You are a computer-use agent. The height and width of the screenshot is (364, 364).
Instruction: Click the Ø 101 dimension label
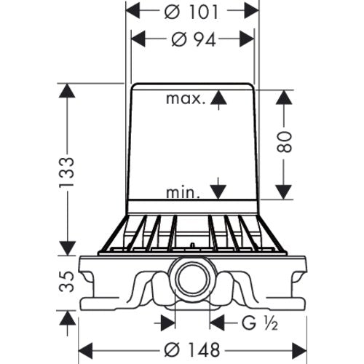pyautogui.click(x=191, y=12)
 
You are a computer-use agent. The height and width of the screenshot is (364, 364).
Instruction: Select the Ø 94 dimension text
pyautogui.click(x=194, y=39)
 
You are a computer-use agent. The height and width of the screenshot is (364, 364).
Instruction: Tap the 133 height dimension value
pyautogui.click(x=66, y=172)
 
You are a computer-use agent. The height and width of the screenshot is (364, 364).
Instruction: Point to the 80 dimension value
pyautogui.click(x=284, y=142)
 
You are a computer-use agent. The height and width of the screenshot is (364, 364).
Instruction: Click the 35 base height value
pyautogui.click(x=66, y=282)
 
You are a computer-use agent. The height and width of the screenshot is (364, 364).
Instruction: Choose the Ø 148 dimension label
pyautogui.click(x=191, y=350)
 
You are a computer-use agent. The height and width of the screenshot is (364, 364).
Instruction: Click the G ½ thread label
pyautogui.click(x=259, y=323)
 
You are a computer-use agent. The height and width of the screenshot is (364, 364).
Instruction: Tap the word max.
pyautogui.click(x=184, y=98)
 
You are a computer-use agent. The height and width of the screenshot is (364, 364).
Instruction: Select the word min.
pyautogui.click(x=183, y=193)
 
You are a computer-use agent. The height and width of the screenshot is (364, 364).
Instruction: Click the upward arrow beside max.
pyautogui.click(x=218, y=100)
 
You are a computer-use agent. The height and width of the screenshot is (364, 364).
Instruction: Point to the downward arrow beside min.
pyautogui.click(x=218, y=189)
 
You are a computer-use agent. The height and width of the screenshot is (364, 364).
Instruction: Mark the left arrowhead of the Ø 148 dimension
pyautogui.click(x=85, y=350)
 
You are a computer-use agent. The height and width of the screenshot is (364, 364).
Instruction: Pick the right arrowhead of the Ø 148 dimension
pyautogui.click(x=300, y=350)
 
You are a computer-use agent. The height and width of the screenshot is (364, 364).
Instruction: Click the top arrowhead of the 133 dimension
pyautogui.click(x=67, y=90)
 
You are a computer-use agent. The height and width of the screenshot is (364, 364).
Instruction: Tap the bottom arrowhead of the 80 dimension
pyautogui.click(x=284, y=192)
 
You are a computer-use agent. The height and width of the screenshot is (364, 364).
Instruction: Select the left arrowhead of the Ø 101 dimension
pyautogui.click(x=133, y=11)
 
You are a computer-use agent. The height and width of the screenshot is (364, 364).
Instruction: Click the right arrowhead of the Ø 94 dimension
pyautogui.click(x=247, y=39)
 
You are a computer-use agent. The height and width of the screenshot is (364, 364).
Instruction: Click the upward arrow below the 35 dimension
pyautogui.click(x=67, y=323)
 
